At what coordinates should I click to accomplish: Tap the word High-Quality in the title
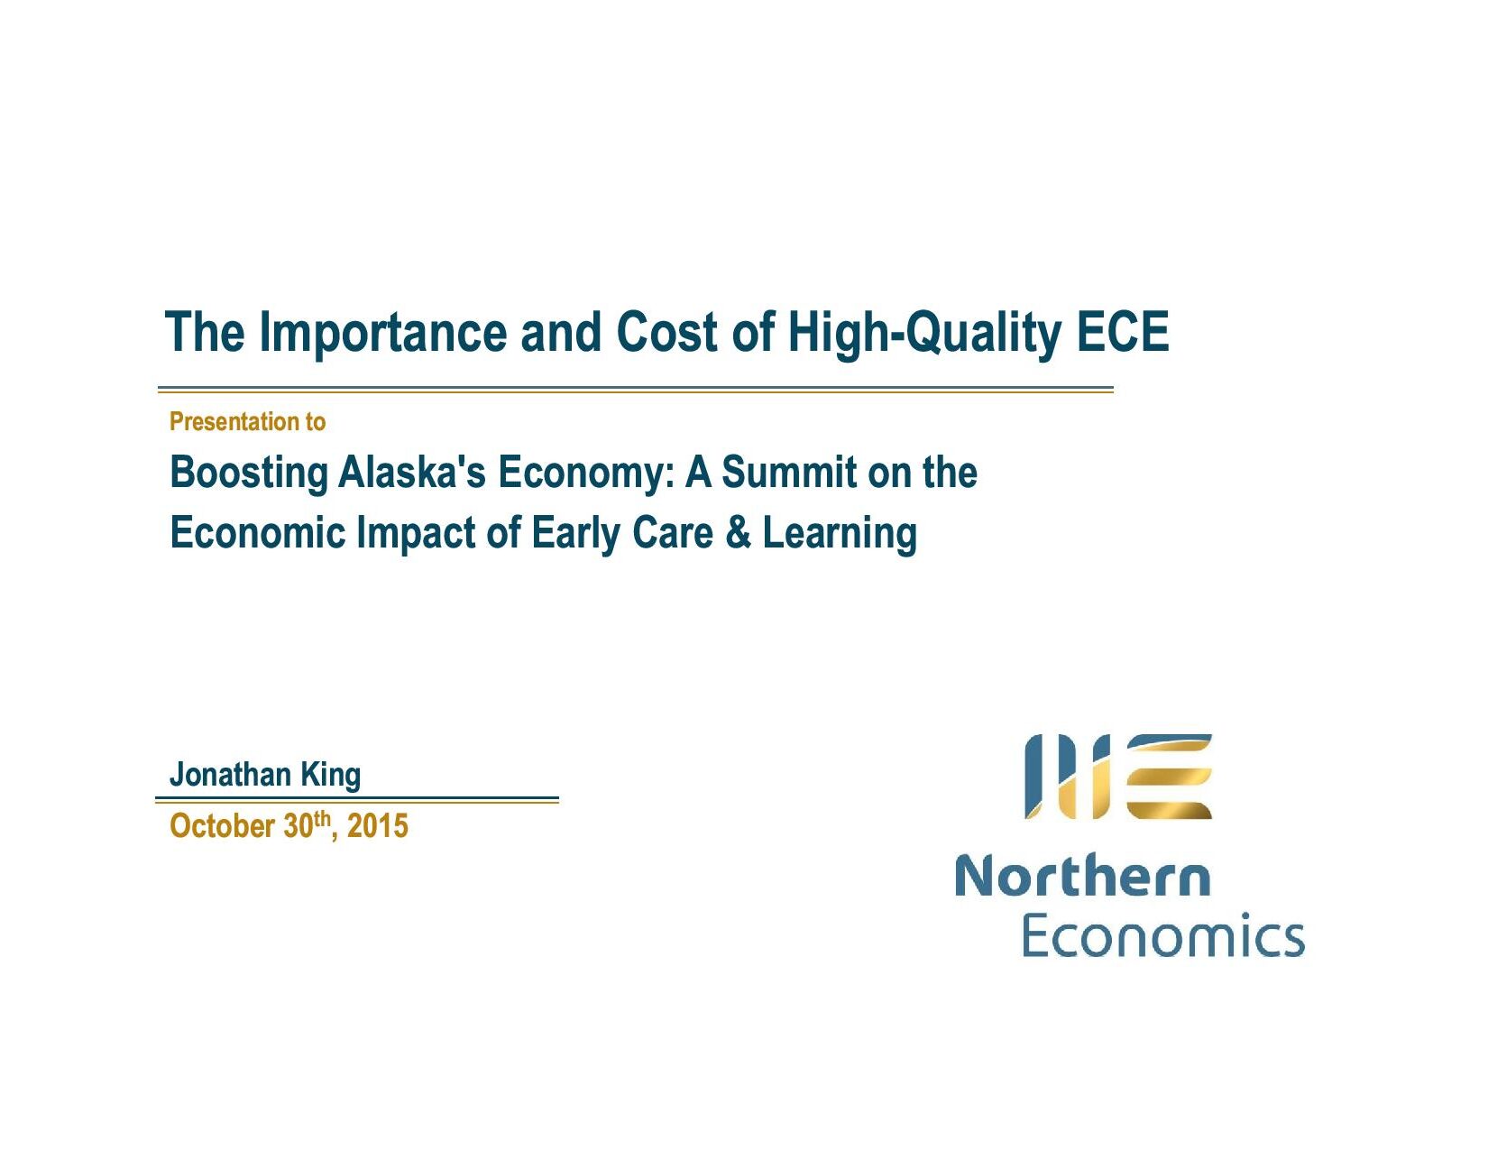pos(924,333)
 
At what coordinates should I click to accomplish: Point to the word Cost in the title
pos(667,332)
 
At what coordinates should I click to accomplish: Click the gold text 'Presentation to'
pos(247,421)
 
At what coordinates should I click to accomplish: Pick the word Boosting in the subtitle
pos(249,474)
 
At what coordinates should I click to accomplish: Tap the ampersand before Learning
pos(738,532)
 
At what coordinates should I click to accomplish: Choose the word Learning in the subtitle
pos(840,534)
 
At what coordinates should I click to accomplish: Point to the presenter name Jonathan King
pos(265,776)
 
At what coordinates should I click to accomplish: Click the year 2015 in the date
pos(377,825)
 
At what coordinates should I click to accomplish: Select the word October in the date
pos(222,825)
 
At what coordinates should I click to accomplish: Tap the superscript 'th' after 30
pos(322,817)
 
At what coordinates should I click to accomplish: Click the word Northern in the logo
pos(1082,875)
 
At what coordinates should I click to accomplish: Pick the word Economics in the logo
pos(1162,934)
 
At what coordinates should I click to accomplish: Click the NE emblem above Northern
pos(1118,776)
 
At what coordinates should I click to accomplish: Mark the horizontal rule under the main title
pos(636,389)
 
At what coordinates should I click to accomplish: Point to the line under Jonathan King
pos(357,799)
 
